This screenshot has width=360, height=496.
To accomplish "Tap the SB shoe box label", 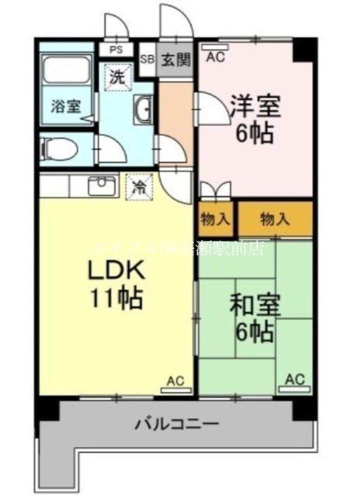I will click(x=147, y=60).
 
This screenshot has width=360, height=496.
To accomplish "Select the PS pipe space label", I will click(x=116, y=48).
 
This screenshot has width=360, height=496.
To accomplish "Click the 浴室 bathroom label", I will click(x=64, y=105).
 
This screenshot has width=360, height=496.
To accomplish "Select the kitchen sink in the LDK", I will click(x=102, y=185).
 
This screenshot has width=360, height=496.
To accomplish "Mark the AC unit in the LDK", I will click(x=175, y=385).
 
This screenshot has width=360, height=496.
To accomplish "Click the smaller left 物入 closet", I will click(x=215, y=219).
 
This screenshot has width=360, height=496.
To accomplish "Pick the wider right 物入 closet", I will click(x=275, y=219).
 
